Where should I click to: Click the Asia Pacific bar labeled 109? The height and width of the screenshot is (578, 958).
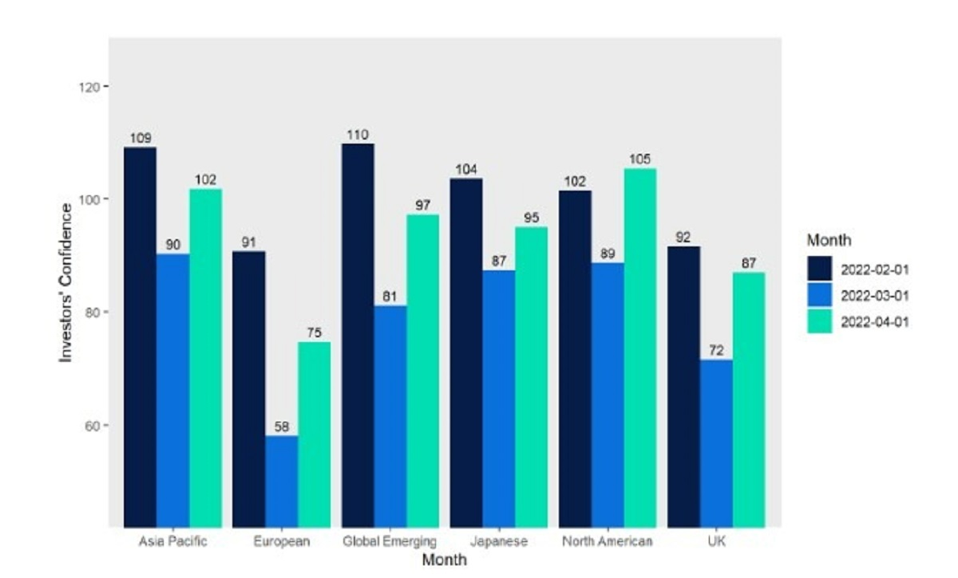click(x=141, y=335)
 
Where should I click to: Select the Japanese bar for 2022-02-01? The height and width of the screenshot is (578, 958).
click(x=466, y=351)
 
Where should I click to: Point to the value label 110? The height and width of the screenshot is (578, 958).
click(x=358, y=135)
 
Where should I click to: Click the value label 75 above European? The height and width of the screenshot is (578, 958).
click(x=314, y=333)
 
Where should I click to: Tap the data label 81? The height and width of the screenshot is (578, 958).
click(x=390, y=297)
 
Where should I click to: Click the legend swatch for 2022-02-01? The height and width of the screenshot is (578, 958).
click(x=820, y=269)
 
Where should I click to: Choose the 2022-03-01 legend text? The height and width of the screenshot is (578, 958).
click(x=875, y=295)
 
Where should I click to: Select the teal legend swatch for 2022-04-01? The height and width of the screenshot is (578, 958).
click(x=820, y=321)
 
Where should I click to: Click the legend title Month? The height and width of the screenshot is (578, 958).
click(x=829, y=240)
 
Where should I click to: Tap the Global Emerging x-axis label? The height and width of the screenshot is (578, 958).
click(x=390, y=542)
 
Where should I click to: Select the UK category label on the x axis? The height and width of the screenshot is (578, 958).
click(x=716, y=542)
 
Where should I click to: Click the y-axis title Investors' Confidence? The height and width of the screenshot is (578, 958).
click(x=67, y=283)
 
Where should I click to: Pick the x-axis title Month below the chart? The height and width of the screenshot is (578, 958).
click(x=444, y=560)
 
